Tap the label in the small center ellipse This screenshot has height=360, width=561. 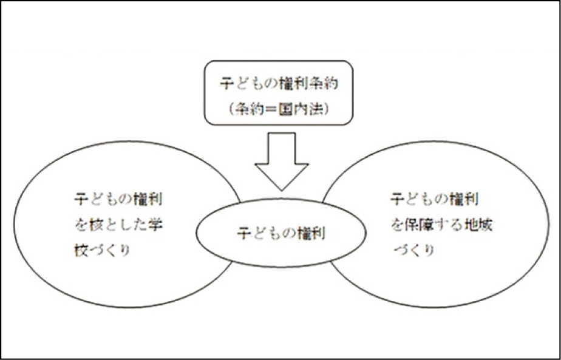pyautogui.click(x=280, y=233)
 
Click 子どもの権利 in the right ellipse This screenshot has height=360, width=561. pyautogui.click(x=433, y=199)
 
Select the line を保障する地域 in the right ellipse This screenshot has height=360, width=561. pyautogui.click(x=441, y=225)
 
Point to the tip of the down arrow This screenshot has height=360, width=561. pyautogui.click(x=281, y=190)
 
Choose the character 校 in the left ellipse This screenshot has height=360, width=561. pyautogui.click(x=83, y=251)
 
